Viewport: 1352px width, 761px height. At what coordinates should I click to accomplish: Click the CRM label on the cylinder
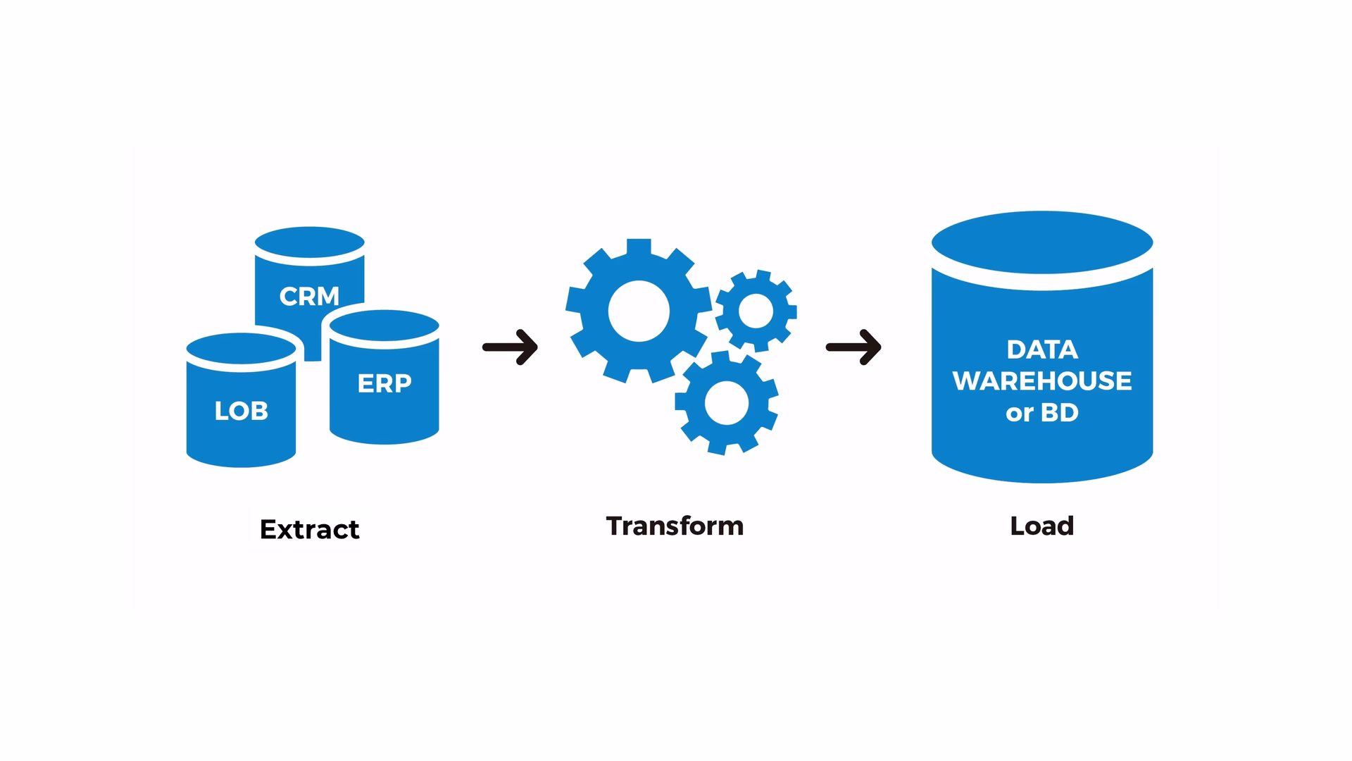point(309,297)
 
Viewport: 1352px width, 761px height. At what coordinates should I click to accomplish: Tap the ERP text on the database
point(384,383)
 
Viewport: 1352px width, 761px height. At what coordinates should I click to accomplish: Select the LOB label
point(242,411)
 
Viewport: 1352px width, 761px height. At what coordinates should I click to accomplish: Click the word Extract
point(310,529)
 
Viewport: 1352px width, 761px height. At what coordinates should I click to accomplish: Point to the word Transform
point(675,526)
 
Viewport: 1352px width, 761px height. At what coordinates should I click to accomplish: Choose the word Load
point(1042,526)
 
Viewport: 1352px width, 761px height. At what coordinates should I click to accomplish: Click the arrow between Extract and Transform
point(511,347)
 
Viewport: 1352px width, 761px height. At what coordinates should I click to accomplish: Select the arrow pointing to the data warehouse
point(853,347)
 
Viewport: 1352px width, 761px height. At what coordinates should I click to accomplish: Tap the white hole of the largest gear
point(639,311)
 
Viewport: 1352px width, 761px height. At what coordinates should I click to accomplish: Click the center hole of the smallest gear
point(756,311)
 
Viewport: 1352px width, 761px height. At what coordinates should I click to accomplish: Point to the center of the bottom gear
point(727,403)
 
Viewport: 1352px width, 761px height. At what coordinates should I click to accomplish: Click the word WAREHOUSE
point(1042,381)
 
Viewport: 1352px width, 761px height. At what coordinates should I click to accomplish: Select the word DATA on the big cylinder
point(1042,349)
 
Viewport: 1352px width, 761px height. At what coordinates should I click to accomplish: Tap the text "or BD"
point(1042,413)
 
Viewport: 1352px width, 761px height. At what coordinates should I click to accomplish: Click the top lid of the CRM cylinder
point(310,242)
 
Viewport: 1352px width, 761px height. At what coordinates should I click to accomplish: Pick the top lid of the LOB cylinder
point(242,349)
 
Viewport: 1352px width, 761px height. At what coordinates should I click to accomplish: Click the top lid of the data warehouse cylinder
point(1042,242)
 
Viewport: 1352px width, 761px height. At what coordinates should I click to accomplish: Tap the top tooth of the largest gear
point(639,248)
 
